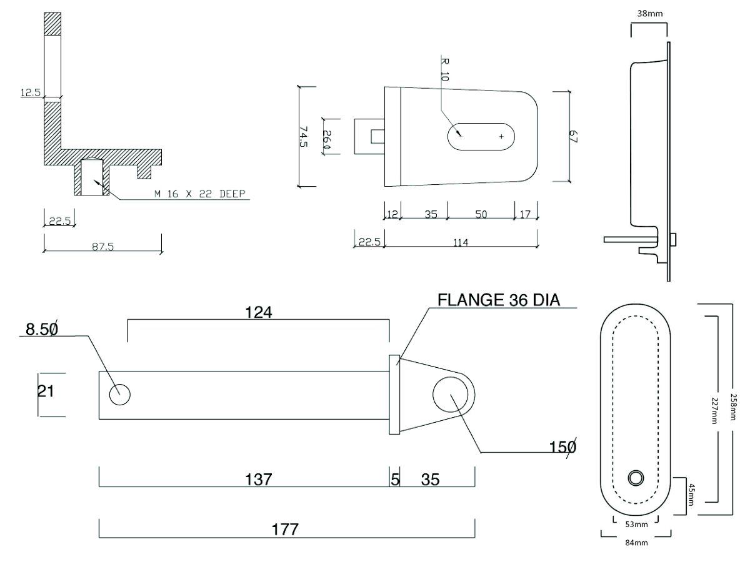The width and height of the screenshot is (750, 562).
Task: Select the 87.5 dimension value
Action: coord(102,247)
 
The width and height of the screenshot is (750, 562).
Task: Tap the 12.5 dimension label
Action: coord(30,93)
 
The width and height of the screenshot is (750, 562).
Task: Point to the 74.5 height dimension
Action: coord(304,137)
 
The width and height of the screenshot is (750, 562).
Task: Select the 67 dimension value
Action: coord(573,137)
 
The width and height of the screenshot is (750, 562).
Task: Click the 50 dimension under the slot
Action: coord(481,214)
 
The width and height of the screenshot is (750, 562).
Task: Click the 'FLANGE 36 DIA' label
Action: coord(498,300)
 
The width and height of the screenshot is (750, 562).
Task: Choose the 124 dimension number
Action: coord(259,312)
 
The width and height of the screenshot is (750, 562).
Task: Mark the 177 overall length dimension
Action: coord(285,530)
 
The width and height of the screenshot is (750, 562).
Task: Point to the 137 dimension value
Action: coord(259,480)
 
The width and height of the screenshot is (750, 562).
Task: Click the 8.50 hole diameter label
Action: coord(42,328)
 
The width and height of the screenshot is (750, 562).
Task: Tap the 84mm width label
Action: coord(636,543)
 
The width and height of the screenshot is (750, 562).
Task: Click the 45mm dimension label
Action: coord(691,495)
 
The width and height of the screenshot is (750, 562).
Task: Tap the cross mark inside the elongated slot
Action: coord(501,136)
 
